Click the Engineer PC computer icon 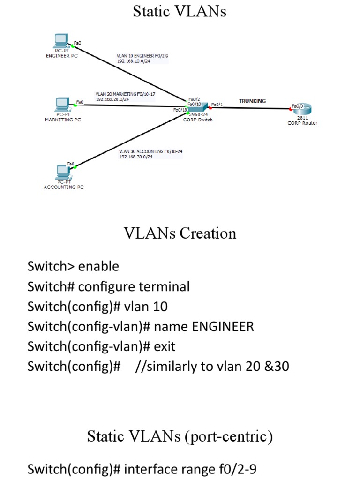pos(61,41)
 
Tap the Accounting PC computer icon pos(61,172)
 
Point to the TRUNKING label pos(252,101)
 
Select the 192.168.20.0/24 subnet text pos(112,99)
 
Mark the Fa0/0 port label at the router pos(297,106)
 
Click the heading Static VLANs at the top pos(180,11)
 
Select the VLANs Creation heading pos(180,233)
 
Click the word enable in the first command pos(98,267)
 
